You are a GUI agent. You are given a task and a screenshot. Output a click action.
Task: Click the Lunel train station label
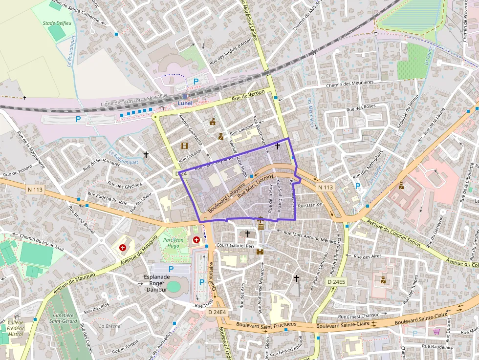pyautogui.click(x=185, y=104)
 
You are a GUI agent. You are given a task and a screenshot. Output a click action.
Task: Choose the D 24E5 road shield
pyautogui.click(x=336, y=282)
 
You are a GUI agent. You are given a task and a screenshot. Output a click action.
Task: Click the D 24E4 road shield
pyautogui.click(x=217, y=312)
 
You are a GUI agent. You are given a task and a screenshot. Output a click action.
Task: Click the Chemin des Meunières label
pyautogui.click(x=349, y=85)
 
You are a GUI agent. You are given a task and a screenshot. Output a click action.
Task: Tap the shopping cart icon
pyautogui.click(x=436, y=332)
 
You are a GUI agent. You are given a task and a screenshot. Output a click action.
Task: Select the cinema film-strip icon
pyautogui.click(x=184, y=146)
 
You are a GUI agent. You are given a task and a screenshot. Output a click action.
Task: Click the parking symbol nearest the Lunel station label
pyautogui.click(x=196, y=82)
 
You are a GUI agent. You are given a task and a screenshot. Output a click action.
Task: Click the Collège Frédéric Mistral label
pyautogui.click(x=15, y=328)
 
